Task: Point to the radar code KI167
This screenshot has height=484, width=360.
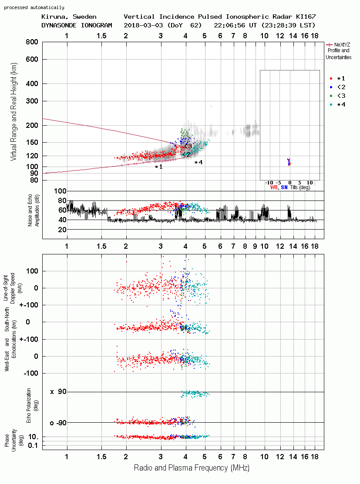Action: coord(306,17)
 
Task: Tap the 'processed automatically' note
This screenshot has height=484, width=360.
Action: coord(34,7)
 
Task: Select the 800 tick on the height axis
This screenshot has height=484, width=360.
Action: coord(32,42)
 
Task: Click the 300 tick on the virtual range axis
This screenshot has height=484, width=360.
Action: coord(32,101)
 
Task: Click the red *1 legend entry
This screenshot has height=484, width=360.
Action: coord(337,78)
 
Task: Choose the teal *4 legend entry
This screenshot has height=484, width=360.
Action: coord(337,105)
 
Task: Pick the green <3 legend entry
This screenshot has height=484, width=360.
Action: coord(337,96)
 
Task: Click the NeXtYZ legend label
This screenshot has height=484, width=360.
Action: coord(342,45)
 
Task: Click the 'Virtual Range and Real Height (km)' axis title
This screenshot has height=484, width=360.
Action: coord(13,112)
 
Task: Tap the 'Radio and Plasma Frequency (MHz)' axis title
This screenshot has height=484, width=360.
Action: coord(192,468)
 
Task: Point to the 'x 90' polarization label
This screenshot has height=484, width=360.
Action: coord(58,392)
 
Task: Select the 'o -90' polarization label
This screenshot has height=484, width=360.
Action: coord(58,423)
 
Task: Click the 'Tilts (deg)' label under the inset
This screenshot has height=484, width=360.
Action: coord(300,187)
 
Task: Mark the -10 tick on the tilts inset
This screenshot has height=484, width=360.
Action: coord(269,183)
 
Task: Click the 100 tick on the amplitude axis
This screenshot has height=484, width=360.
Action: coord(60,191)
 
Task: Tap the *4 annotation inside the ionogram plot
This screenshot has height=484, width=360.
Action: coord(199,162)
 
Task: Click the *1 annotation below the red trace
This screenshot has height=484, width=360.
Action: coord(158,167)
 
